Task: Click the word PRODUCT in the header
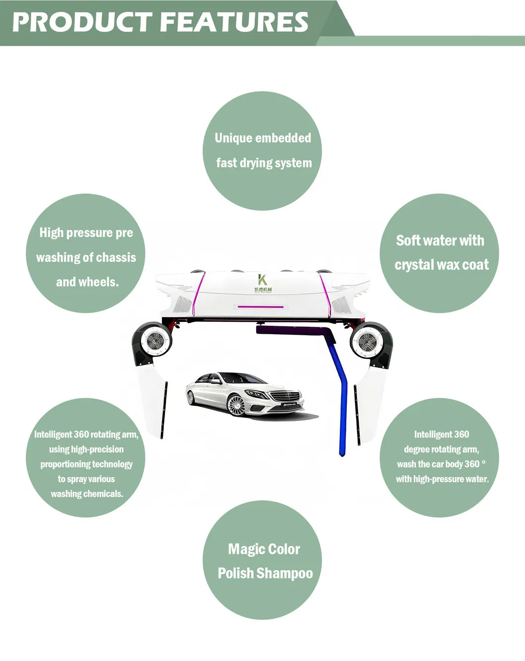coord(82,22)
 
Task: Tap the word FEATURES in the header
coord(234,22)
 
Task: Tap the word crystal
coord(413,265)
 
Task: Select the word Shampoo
coord(284,573)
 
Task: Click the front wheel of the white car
coord(236,405)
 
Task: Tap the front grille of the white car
coord(285,396)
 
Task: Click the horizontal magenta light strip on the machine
coord(261,306)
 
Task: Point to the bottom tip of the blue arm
coord(342,456)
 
